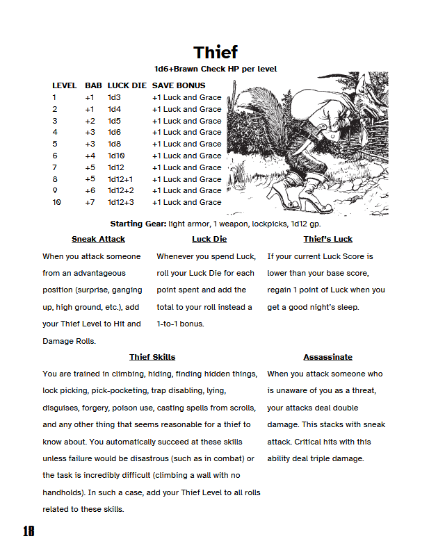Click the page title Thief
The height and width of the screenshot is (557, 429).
pyautogui.click(x=216, y=52)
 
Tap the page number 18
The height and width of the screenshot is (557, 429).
pyautogui.click(x=28, y=531)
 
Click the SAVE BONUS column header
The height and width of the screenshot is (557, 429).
pyautogui.click(x=179, y=85)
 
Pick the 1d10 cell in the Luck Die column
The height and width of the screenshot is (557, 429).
pyautogui.click(x=116, y=156)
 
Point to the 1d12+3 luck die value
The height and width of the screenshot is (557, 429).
pyautogui.click(x=120, y=202)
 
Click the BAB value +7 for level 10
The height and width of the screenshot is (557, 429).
pyautogui.click(x=90, y=202)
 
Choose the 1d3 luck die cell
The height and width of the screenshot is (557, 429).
pyautogui.click(x=114, y=97)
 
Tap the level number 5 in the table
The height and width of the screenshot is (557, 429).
pyautogui.click(x=54, y=144)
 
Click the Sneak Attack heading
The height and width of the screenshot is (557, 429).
pyautogui.click(x=98, y=239)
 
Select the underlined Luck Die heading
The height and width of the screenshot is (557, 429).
pyautogui.click(x=209, y=239)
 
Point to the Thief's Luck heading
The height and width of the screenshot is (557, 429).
pyautogui.click(x=327, y=239)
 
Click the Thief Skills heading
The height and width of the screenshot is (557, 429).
pyautogui.click(x=152, y=357)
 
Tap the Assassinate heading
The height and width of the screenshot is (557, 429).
pyautogui.click(x=327, y=357)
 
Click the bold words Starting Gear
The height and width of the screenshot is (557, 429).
pyautogui.click(x=138, y=224)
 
